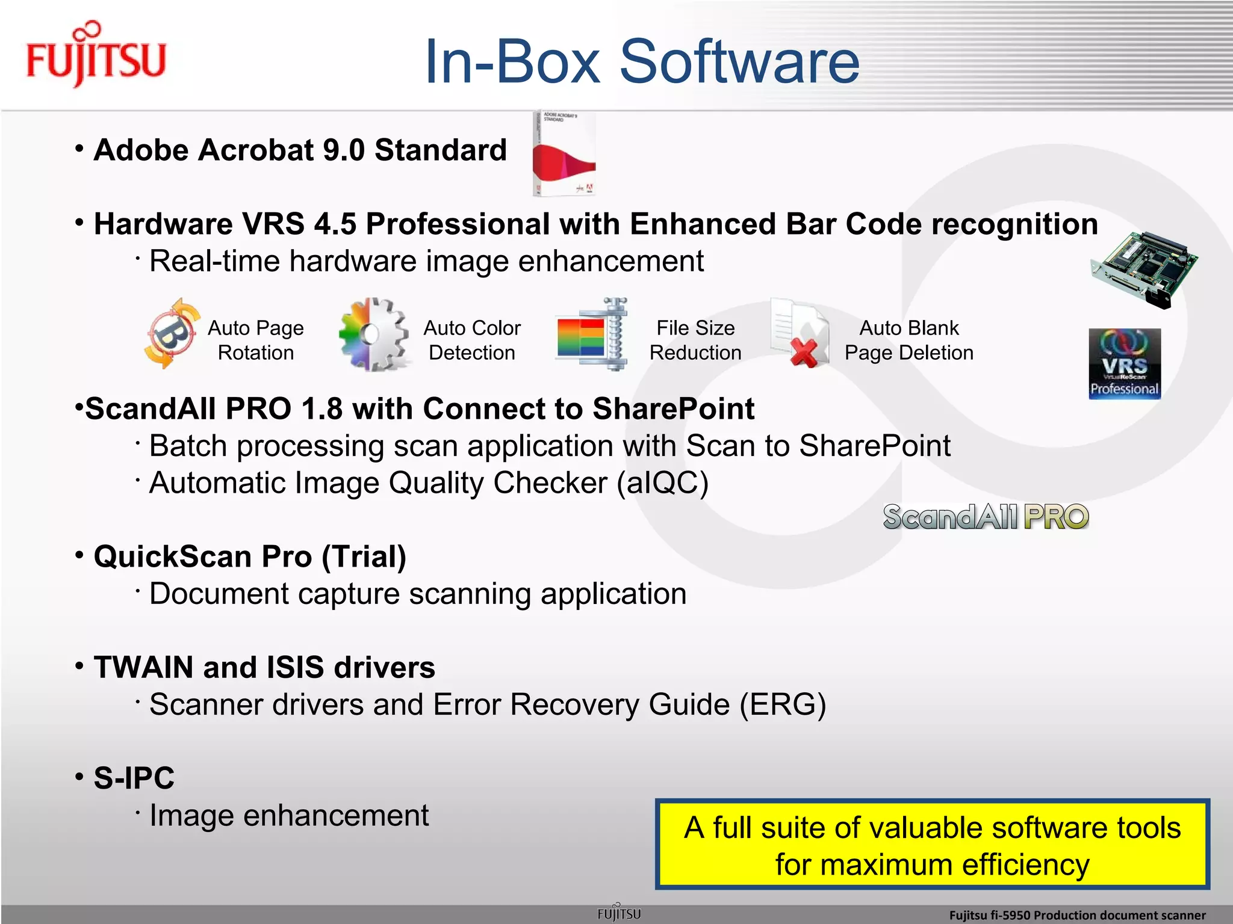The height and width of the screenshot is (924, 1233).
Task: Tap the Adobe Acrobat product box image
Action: click(x=564, y=155)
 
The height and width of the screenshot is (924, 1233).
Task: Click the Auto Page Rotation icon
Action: click(x=171, y=334)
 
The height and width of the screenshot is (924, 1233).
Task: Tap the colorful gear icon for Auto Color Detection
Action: click(x=373, y=334)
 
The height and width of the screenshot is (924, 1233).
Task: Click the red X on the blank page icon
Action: click(x=805, y=353)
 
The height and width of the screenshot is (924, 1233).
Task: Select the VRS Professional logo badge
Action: click(x=1124, y=363)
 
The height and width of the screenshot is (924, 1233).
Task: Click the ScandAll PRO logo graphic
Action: click(x=986, y=517)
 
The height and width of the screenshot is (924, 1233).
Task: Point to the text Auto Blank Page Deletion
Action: click(x=908, y=340)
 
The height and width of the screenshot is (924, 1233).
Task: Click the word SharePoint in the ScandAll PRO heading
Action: click(x=672, y=409)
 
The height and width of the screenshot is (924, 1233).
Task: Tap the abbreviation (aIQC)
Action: click(x=662, y=483)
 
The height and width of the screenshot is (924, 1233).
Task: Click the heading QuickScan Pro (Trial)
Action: click(x=250, y=556)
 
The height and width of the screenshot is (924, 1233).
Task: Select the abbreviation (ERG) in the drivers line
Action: click(x=782, y=704)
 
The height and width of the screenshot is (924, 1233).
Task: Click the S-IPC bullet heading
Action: click(x=134, y=778)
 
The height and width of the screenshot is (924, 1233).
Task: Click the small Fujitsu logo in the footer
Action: click(x=619, y=913)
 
